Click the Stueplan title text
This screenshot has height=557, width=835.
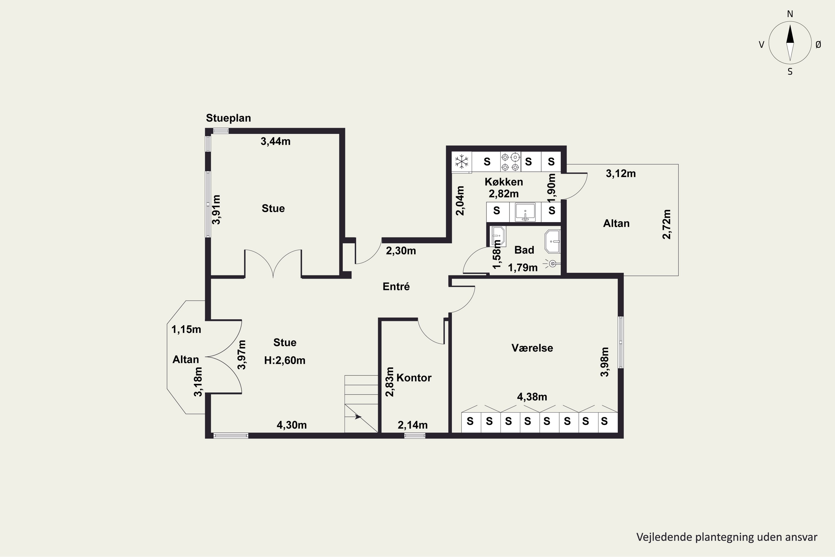tap(228, 118)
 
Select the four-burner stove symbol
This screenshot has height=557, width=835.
tap(510, 162)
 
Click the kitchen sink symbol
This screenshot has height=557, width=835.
tap(525, 212)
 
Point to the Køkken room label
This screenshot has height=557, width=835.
tap(504, 182)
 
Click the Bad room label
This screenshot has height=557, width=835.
tap(524, 250)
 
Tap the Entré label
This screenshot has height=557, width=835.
tap(396, 287)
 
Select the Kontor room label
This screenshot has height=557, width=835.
tap(414, 378)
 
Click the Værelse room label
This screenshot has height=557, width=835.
tap(532, 348)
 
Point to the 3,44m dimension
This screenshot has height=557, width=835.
tap(276, 141)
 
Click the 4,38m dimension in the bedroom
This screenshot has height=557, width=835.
tap(532, 397)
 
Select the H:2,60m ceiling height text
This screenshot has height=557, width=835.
tap(285, 361)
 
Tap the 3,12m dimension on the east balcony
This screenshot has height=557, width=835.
tap(621, 174)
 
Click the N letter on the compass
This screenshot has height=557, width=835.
tap(790, 14)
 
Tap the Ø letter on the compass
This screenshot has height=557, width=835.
tap(818, 44)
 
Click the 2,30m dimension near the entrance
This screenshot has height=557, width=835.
tap(401, 251)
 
